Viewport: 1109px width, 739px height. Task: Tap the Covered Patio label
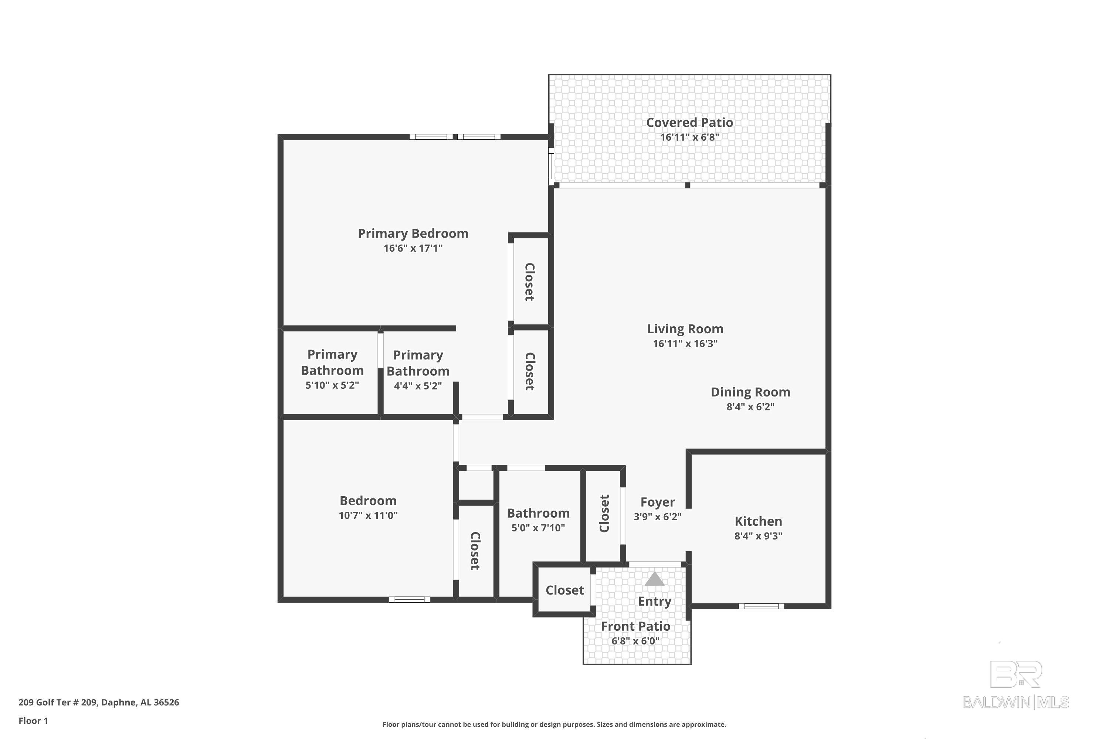pos(689,123)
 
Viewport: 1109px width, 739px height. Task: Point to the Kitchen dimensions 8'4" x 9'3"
pos(758,536)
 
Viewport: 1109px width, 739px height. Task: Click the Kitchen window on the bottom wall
pos(761,606)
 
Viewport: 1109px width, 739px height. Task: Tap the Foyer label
pos(657,502)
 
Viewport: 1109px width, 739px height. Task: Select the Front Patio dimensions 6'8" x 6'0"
pos(635,641)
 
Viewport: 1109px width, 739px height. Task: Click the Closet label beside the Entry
pos(564,590)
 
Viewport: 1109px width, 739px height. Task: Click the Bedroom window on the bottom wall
pos(409,599)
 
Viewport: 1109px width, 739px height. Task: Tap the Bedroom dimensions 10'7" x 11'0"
pos(368,515)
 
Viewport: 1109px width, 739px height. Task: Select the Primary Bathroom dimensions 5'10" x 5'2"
pos(332,385)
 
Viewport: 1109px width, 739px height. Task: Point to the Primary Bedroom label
pos(413,233)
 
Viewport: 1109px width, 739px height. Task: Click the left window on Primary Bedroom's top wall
pos(431,137)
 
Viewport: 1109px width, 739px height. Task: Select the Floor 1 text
pos(33,721)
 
